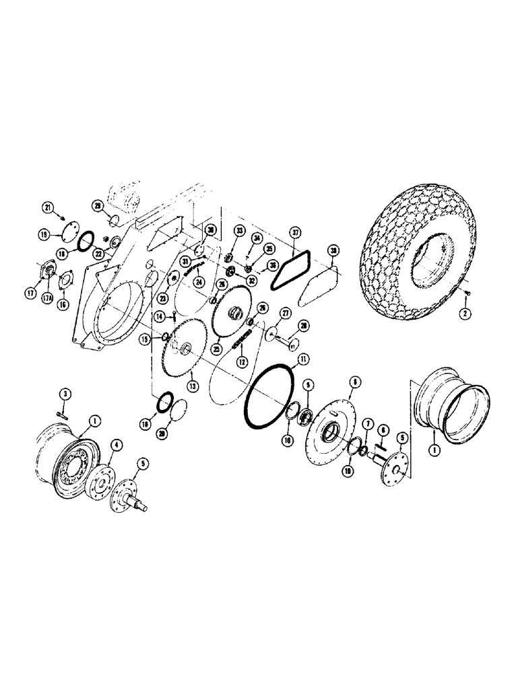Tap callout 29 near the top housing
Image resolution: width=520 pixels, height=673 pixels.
click(x=98, y=205)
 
